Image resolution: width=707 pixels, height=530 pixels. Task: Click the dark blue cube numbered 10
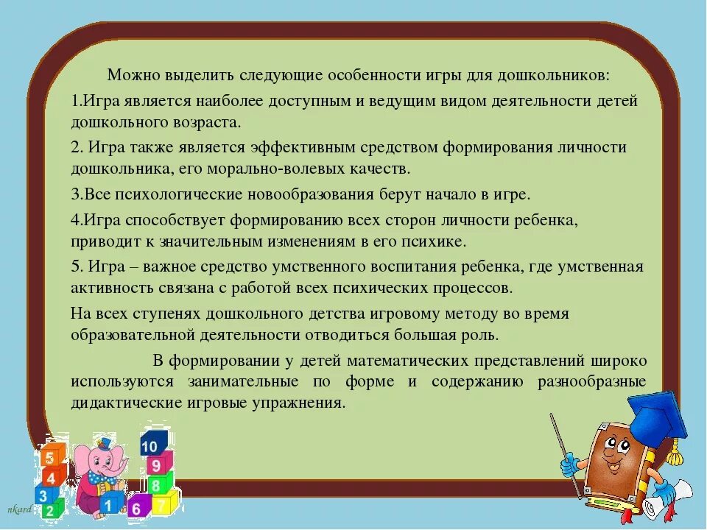150,445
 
